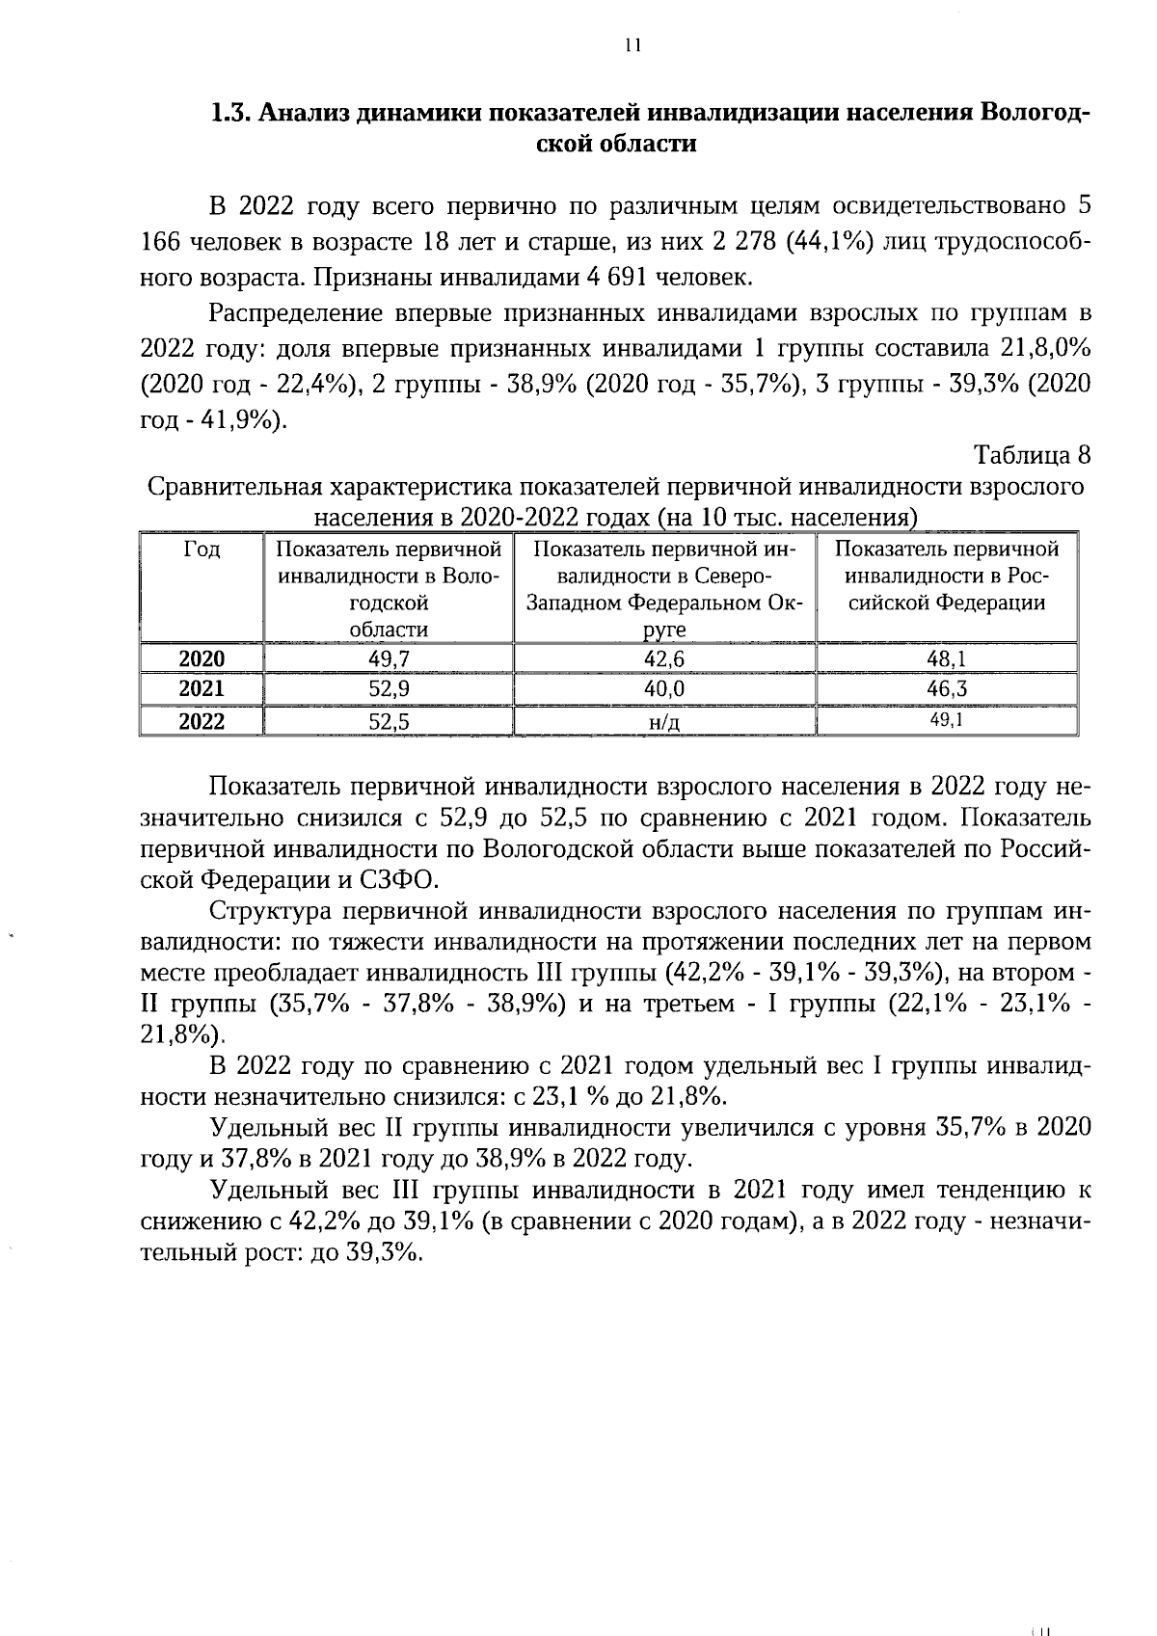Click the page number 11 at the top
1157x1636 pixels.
point(632,45)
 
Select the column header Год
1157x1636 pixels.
point(202,550)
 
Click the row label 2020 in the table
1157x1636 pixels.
point(202,659)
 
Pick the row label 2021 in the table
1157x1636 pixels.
point(202,689)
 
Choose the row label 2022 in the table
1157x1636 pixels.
point(202,721)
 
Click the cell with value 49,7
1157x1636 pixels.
point(388,659)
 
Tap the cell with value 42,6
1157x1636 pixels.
point(664,659)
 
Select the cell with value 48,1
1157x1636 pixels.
point(946,659)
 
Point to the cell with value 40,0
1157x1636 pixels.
point(664,689)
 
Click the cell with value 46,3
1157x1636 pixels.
point(946,689)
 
